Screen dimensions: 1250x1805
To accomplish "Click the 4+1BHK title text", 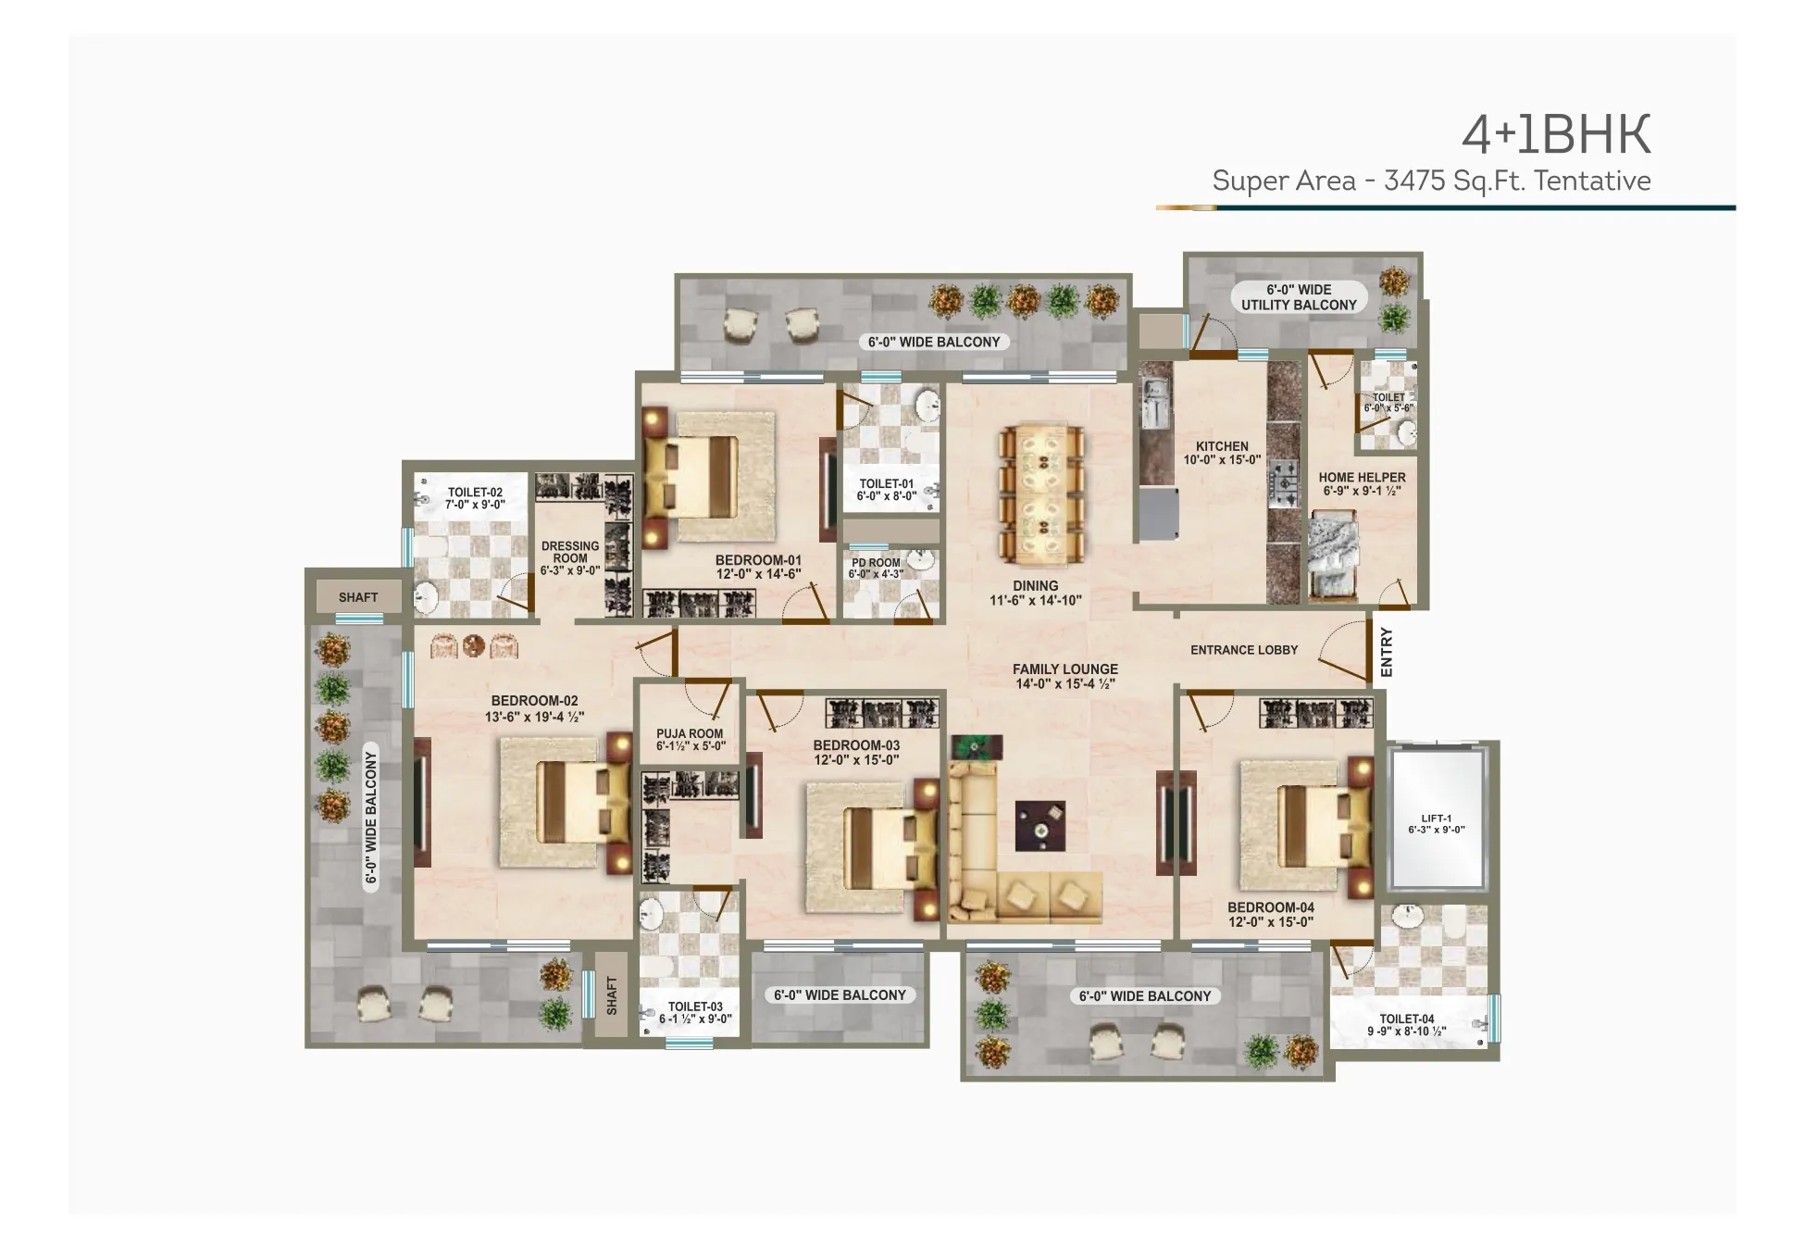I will (1556, 136).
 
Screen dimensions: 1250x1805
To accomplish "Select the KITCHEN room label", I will (1222, 446).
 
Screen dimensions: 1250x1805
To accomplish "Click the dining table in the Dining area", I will (1041, 494).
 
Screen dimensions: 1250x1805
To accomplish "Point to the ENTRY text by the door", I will (1386, 652).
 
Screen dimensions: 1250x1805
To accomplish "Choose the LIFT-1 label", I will (1436, 819).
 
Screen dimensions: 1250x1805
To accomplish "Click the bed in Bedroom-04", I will (1314, 827).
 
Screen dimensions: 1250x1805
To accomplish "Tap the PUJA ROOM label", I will (690, 733).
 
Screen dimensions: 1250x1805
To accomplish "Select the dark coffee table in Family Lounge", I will (1040, 826).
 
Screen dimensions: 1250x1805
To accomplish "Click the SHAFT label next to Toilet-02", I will (358, 597).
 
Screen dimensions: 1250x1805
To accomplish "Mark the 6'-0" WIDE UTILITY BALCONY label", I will (1299, 297).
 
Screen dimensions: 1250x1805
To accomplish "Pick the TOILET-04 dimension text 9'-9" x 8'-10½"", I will (1406, 1031).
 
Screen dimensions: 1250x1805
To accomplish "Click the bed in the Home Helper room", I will (1333, 556).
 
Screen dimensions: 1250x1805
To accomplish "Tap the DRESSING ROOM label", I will (570, 552).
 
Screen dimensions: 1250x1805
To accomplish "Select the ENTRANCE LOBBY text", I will (1244, 650).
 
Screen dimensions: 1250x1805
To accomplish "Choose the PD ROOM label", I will (876, 563).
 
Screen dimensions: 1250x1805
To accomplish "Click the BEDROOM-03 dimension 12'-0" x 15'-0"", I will (856, 760).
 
